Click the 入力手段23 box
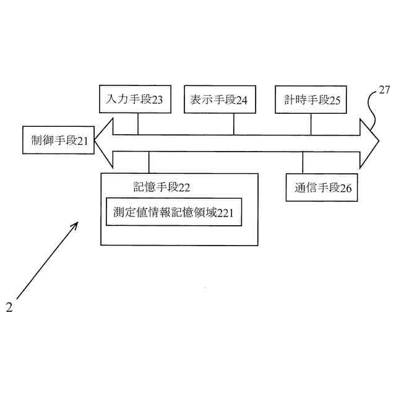coord(136,100)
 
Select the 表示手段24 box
coord(215,100)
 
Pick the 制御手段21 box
coord(55,140)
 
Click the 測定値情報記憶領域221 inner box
coord(173,212)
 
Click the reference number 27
coord(384,90)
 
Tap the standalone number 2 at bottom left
coord(9,306)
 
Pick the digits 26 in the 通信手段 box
coord(346,188)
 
